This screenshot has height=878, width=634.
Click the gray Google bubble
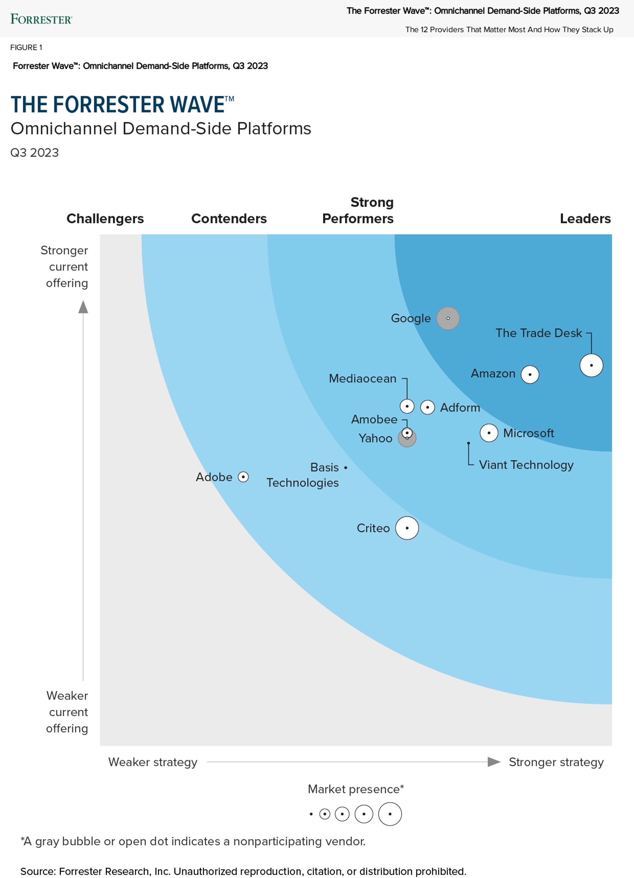coord(448,318)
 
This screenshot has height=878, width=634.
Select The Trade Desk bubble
coord(591,365)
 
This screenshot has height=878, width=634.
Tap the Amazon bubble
coord(530,374)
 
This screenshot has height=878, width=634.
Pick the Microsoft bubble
coord(489,432)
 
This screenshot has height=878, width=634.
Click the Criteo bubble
coord(407,528)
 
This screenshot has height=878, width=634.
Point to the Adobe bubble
coord(243,477)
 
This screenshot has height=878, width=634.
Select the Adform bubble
coord(427,407)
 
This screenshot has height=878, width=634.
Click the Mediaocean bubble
coord(407,407)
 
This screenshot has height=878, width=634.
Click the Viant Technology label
coord(526,465)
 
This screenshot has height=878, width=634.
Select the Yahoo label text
coord(375,438)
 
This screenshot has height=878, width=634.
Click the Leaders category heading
coord(585,218)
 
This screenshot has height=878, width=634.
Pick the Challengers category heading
coord(105,218)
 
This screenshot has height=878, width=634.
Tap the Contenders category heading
coord(229,218)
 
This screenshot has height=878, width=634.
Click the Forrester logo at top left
coord(41,19)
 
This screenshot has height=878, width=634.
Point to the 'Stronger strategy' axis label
coord(556,762)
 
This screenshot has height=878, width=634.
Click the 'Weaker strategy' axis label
coord(153,762)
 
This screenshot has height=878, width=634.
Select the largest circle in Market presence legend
coord(390,814)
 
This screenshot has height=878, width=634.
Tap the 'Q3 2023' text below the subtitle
coord(35,153)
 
